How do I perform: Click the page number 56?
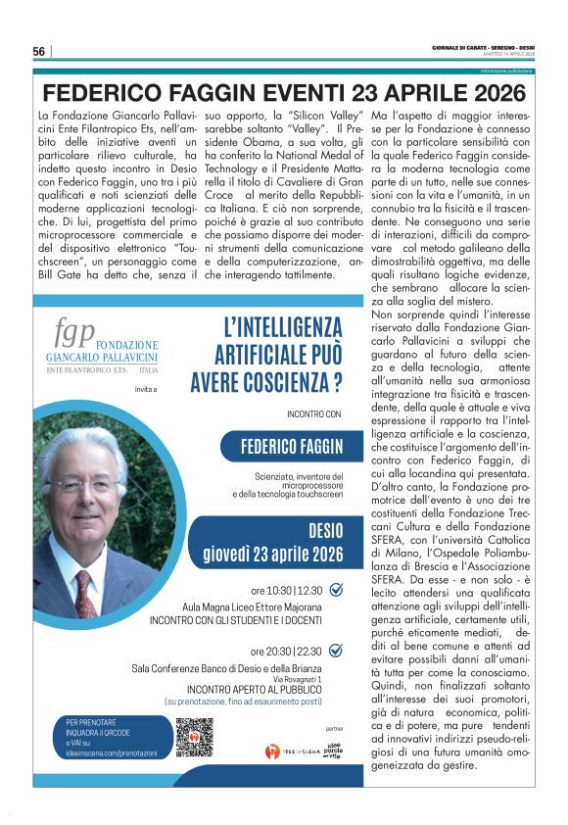pyautogui.click(x=39, y=51)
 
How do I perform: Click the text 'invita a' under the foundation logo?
pyautogui.click(x=121, y=389)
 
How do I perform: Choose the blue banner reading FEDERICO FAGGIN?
pyautogui.click(x=292, y=448)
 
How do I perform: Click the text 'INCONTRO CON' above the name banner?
pyautogui.click(x=315, y=413)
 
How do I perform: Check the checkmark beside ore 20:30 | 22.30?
pyautogui.click(x=335, y=650)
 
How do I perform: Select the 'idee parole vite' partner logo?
pyautogui.click(x=334, y=751)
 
